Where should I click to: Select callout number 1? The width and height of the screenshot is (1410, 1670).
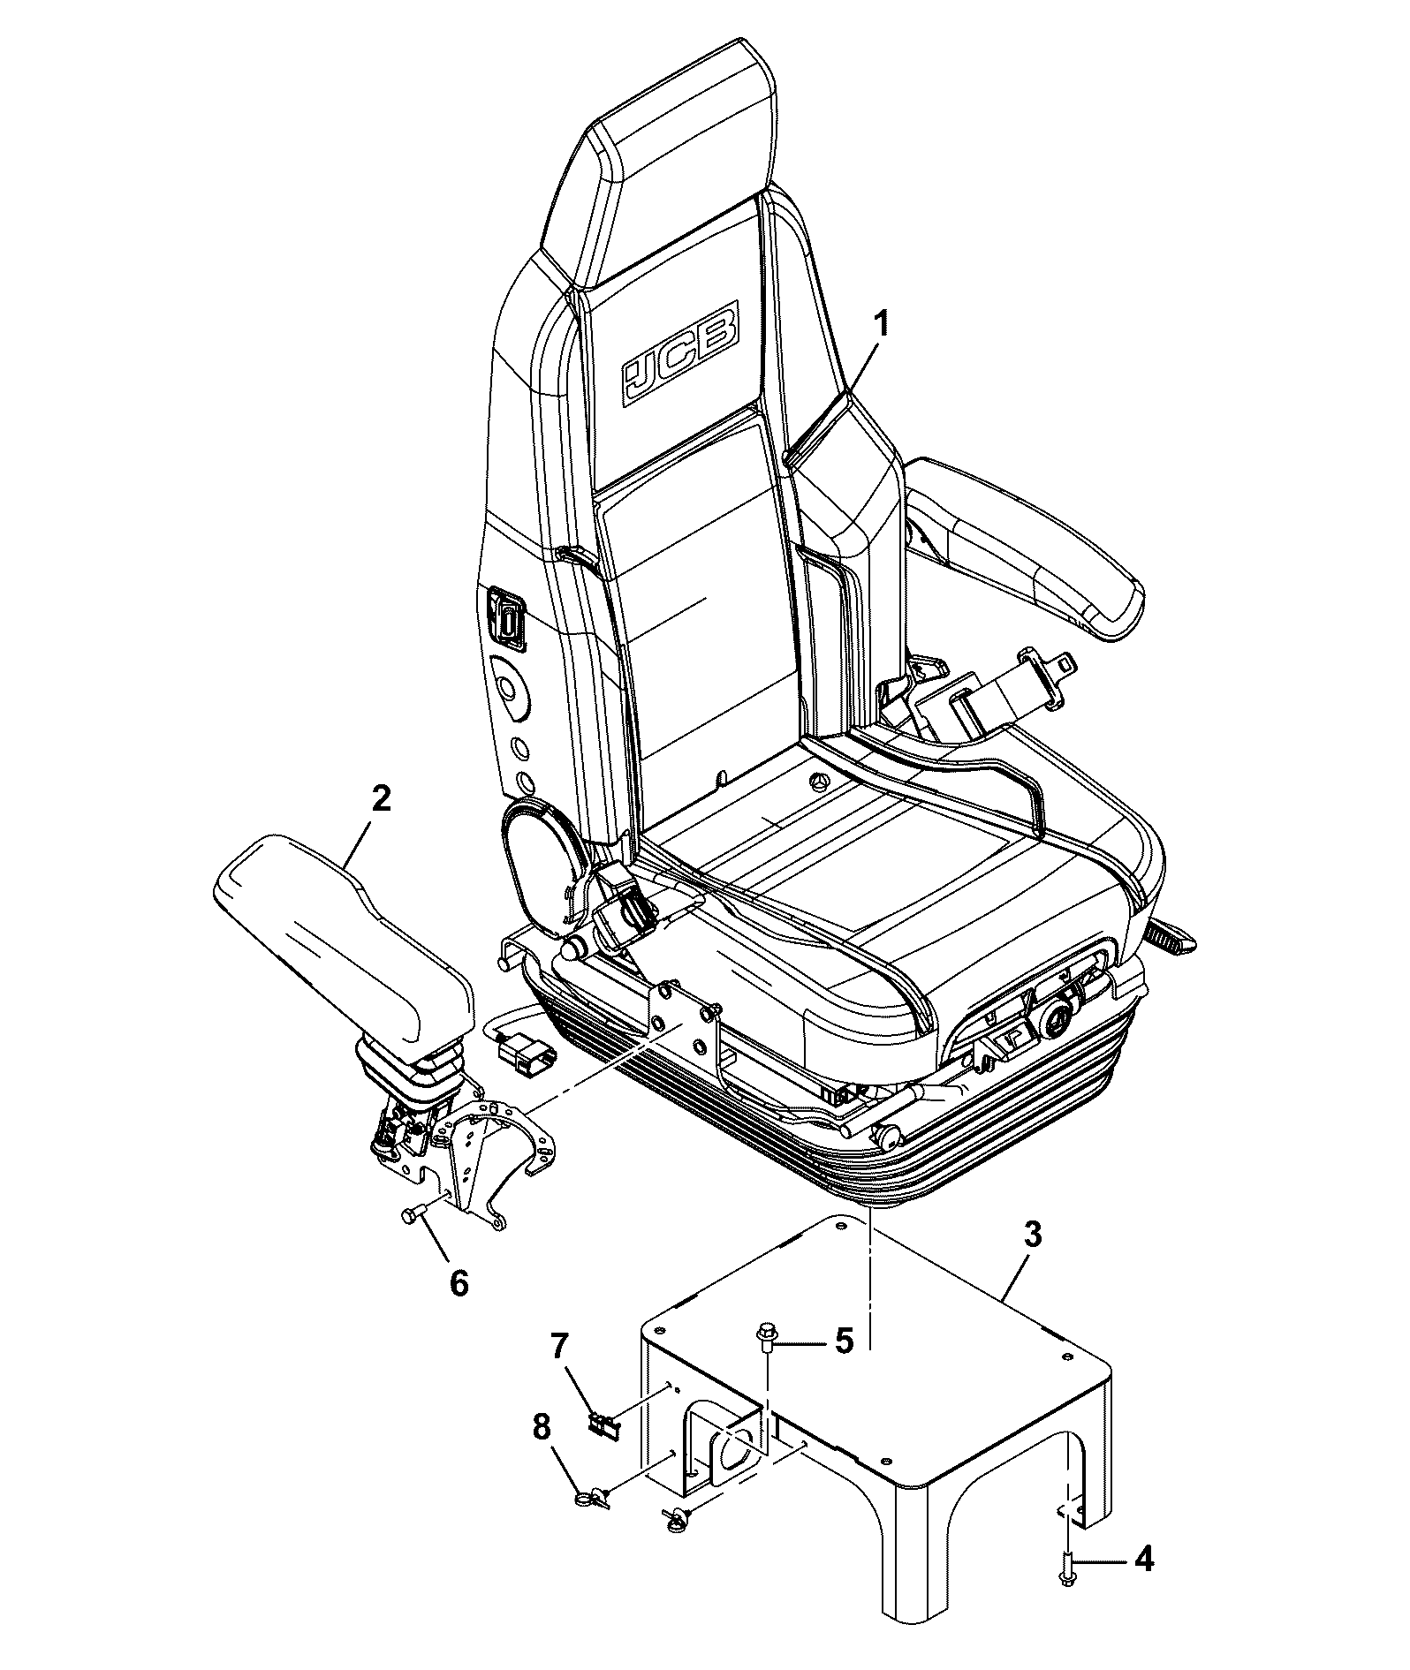click(x=881, y=324)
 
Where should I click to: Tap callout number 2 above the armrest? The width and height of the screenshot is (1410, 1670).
click(x=380, y=800)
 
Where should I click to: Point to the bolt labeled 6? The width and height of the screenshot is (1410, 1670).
click(x=414, y=1214)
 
